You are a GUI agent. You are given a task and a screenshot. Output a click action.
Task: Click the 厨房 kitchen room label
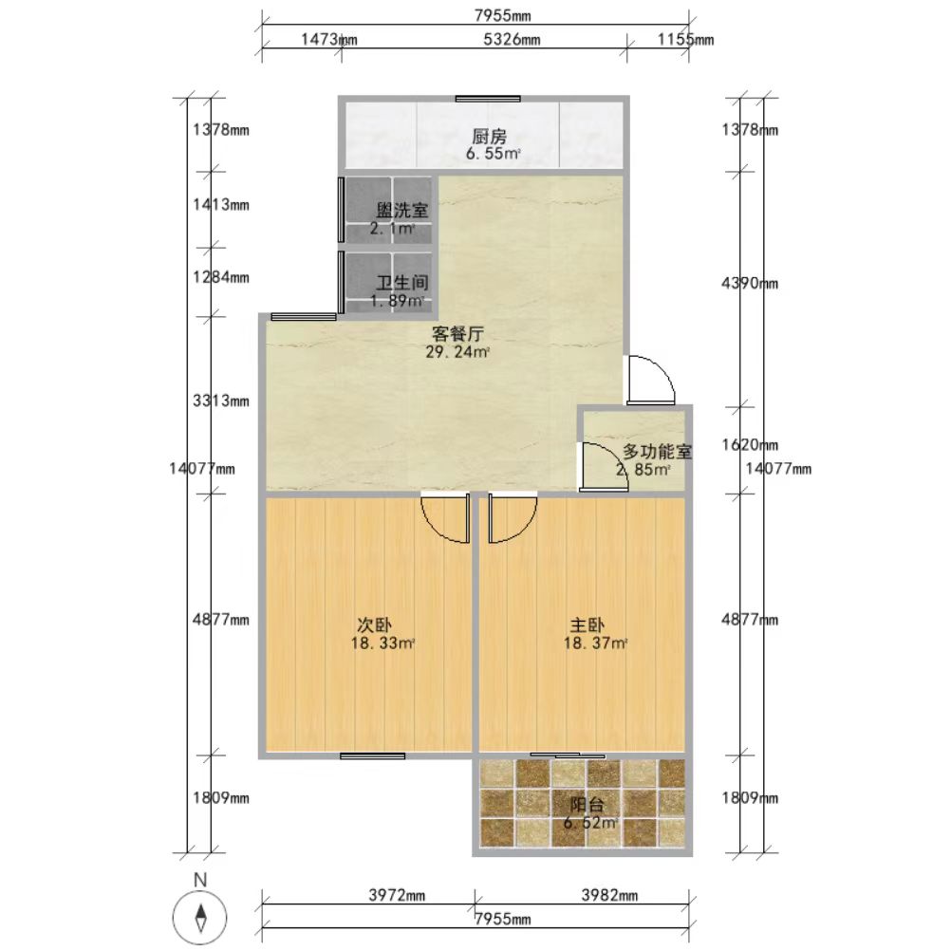[x=489, y=137]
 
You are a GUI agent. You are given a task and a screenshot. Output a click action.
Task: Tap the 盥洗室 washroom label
[x=402, y=211]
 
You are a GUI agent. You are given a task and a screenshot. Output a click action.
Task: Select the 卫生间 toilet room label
[x=402, y=283]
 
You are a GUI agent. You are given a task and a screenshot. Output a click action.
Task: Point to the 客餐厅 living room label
[x=457, y=333]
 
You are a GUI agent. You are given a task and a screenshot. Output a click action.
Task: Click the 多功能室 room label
[x=658, y=452]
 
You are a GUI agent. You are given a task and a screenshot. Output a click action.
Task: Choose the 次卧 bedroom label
[x=374, y=625]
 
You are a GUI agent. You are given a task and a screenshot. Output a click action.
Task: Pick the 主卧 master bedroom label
[x=587, y=625]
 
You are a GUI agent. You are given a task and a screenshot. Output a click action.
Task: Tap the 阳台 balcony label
[x=587, y=805]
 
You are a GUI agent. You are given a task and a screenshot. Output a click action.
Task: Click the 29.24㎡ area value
[x=457, y=352]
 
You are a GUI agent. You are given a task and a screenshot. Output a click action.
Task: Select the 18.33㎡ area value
[x=382, y=643]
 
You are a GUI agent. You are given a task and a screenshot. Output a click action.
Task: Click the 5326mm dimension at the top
[x=512, y=40]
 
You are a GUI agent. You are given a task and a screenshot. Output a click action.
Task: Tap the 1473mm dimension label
[x=329, y=40]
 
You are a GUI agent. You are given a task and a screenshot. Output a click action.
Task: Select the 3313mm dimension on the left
[x=221, y=401]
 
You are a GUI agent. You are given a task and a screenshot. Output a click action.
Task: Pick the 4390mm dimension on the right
[x=750, y=283]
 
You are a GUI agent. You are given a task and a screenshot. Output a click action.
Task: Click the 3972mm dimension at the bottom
[x=398, y=895]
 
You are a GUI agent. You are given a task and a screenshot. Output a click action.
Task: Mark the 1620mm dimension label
[x=750, y=444]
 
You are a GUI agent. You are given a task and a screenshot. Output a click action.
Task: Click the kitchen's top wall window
[x=488, y=99]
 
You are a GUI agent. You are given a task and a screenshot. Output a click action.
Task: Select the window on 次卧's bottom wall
[x=372, y=755]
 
